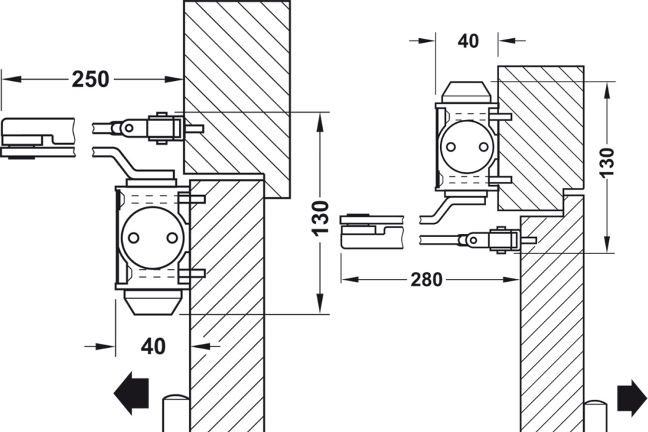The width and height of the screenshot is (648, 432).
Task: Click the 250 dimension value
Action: pos(91,79)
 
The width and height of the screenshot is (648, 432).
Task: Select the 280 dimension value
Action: pos(426,280)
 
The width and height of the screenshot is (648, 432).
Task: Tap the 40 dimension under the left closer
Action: pos(153,347)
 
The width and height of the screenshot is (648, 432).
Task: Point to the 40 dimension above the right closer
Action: pos(468,41)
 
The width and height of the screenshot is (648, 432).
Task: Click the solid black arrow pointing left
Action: pos(132,392)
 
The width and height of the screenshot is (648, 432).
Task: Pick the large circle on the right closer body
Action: pos(466,147)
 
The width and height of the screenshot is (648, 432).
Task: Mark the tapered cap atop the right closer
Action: pos(467,92)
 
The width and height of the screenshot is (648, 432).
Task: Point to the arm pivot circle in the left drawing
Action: pos(128,129)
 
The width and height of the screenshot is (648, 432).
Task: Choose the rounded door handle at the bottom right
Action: pos(594,416)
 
